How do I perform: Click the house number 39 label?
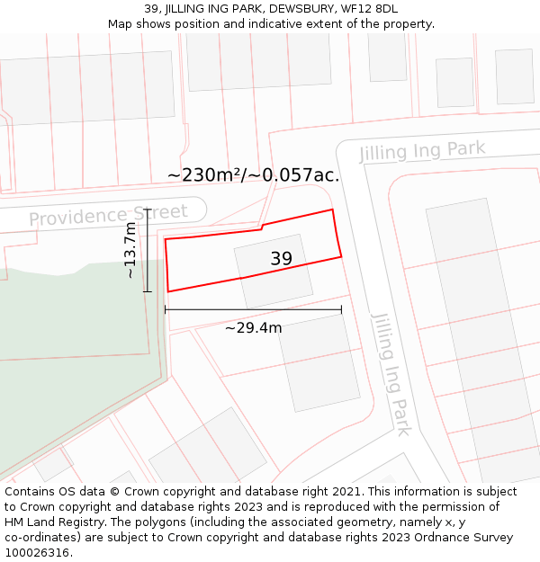pyautogui.click(x=281, y=259)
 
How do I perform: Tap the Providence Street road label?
pyautogui.click(x=108, y=216)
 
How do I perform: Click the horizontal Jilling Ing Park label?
pyautogui.click(x=422, y=150)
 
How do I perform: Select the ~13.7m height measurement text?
pyautogui.click(x=131, y=250)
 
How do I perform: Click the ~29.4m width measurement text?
pyautogui.click(x=253, y=328)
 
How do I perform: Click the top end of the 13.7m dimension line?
pyautogui.click(x=148, y=210)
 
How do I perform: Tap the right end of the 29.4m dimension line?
pyautogui.click(x=341, y=310)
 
